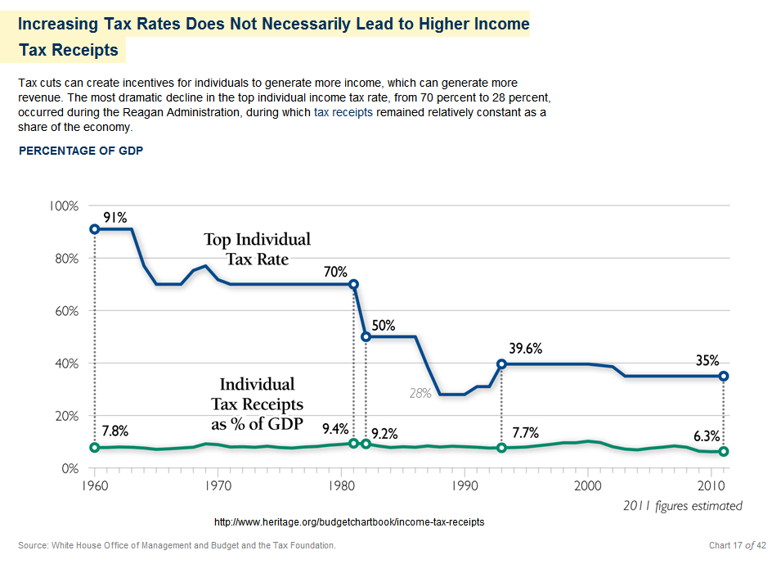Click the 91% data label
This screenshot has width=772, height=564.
[x=115, y=218]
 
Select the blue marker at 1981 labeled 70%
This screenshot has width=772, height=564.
[x=353, y=285]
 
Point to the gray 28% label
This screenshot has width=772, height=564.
[x=420, y=393]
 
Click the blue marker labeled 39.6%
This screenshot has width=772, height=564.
[x=501, y=363]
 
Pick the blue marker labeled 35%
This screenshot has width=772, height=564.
[x=723, y=376]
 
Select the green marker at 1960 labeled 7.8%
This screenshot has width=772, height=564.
[x=95, y=448]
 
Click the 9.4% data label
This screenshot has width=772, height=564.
[x=335, y=427]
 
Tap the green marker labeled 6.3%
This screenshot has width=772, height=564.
[x=723, y=452]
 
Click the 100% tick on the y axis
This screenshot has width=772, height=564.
[x=62, y=205]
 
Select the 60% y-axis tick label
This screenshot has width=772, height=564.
[x=65, y=311]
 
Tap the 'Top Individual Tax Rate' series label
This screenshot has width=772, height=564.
[x=257, y=250]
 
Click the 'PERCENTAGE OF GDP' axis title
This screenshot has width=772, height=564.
[x=81, y=151]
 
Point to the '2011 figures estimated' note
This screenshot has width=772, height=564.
[x=681, y=505]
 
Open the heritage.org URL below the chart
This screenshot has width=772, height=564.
[x=349, y=521]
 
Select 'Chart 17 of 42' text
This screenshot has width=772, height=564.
[x=737, y=545]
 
